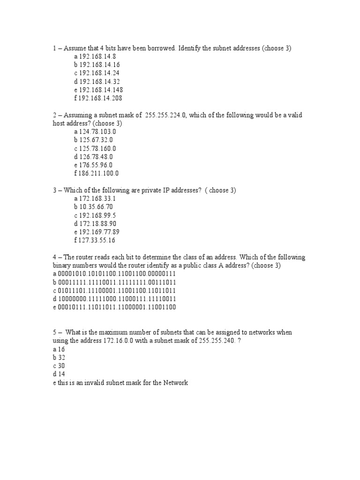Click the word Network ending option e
174,382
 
